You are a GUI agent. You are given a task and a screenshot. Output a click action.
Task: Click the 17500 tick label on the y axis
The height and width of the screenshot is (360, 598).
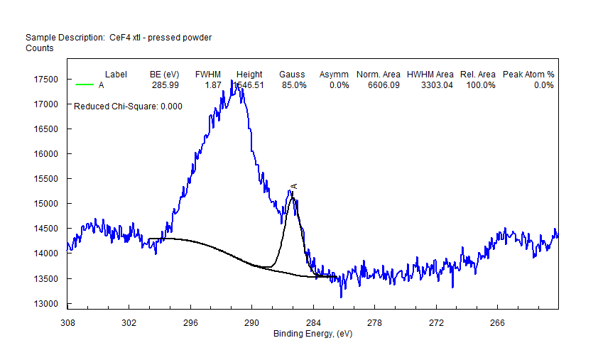pyautogui.click(x=47, y=80)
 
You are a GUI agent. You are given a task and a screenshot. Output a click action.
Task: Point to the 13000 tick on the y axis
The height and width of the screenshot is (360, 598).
pyautogui.click(x=47, y=304)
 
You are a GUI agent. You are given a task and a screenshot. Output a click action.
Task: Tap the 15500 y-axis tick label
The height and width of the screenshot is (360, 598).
pyautogui.click(x=47, y=179)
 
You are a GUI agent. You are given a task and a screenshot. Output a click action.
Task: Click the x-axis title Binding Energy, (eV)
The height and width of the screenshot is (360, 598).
pyautogui.click(x=313, y=333)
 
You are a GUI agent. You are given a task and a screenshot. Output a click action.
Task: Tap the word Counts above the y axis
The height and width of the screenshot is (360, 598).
pyautogui.click(x=39, y=48)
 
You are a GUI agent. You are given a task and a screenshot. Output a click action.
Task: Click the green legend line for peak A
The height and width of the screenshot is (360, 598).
pyautogui.click(x=85, y=85)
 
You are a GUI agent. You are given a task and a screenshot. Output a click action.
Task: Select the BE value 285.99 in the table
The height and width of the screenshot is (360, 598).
pyautogui.click(x=165, y=85)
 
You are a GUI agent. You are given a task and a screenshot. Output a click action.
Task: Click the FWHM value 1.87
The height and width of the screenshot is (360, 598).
pyautogui.click(x=213, y=85)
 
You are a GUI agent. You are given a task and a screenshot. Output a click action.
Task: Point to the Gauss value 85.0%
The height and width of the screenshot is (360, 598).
pyautogui.click(x=293, y=85)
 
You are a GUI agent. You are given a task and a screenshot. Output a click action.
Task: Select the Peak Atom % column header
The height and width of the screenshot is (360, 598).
pyautogui.click(x=528, y=74)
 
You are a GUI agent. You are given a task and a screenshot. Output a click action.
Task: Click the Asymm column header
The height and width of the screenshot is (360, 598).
pyautogui.click(x=334, y=74)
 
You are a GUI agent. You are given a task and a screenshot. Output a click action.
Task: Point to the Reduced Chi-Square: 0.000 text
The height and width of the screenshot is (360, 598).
pyautogui.click(x=128, y=107)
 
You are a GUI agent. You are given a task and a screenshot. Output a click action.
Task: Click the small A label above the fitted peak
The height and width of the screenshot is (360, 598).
pyautogui.click(x=293, y=186)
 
